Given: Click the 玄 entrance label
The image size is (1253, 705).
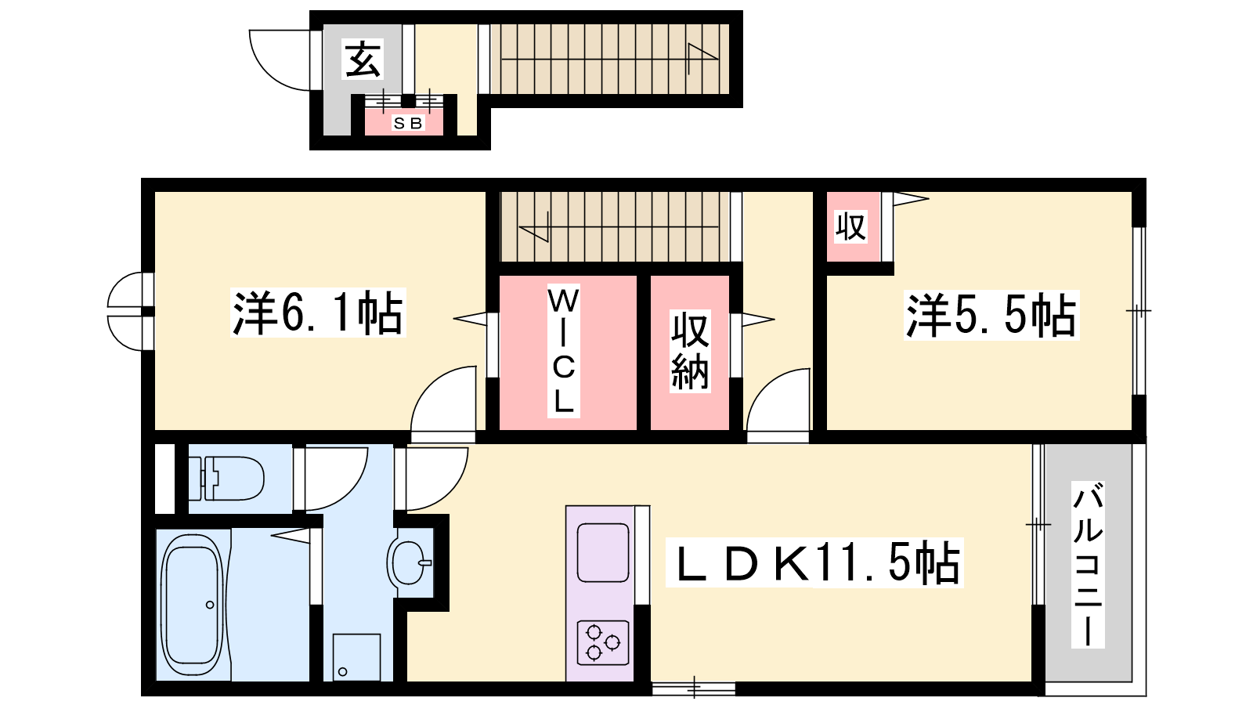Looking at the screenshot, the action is pos(363,59).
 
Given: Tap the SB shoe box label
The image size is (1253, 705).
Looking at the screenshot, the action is pos(408,123).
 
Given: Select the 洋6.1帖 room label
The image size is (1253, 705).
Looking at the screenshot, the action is pos(318,313).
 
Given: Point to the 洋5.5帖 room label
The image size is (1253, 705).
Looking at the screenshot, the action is pos(991,315).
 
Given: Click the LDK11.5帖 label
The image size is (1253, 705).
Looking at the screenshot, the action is pos(814,562).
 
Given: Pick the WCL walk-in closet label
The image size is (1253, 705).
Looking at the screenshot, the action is pos(563,351).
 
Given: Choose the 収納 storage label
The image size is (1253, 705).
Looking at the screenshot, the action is pos(690,351).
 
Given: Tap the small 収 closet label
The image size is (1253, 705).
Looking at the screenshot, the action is pos(850,226).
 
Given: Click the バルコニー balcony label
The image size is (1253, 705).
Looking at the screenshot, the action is pos(1088,564).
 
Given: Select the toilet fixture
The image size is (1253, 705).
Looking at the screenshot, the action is pos(226,479).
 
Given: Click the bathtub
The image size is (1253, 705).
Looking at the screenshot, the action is pos(193,605).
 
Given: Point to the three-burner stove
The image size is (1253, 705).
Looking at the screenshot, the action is pos(603,642).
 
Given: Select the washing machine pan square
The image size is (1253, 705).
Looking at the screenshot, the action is pos(357,657).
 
